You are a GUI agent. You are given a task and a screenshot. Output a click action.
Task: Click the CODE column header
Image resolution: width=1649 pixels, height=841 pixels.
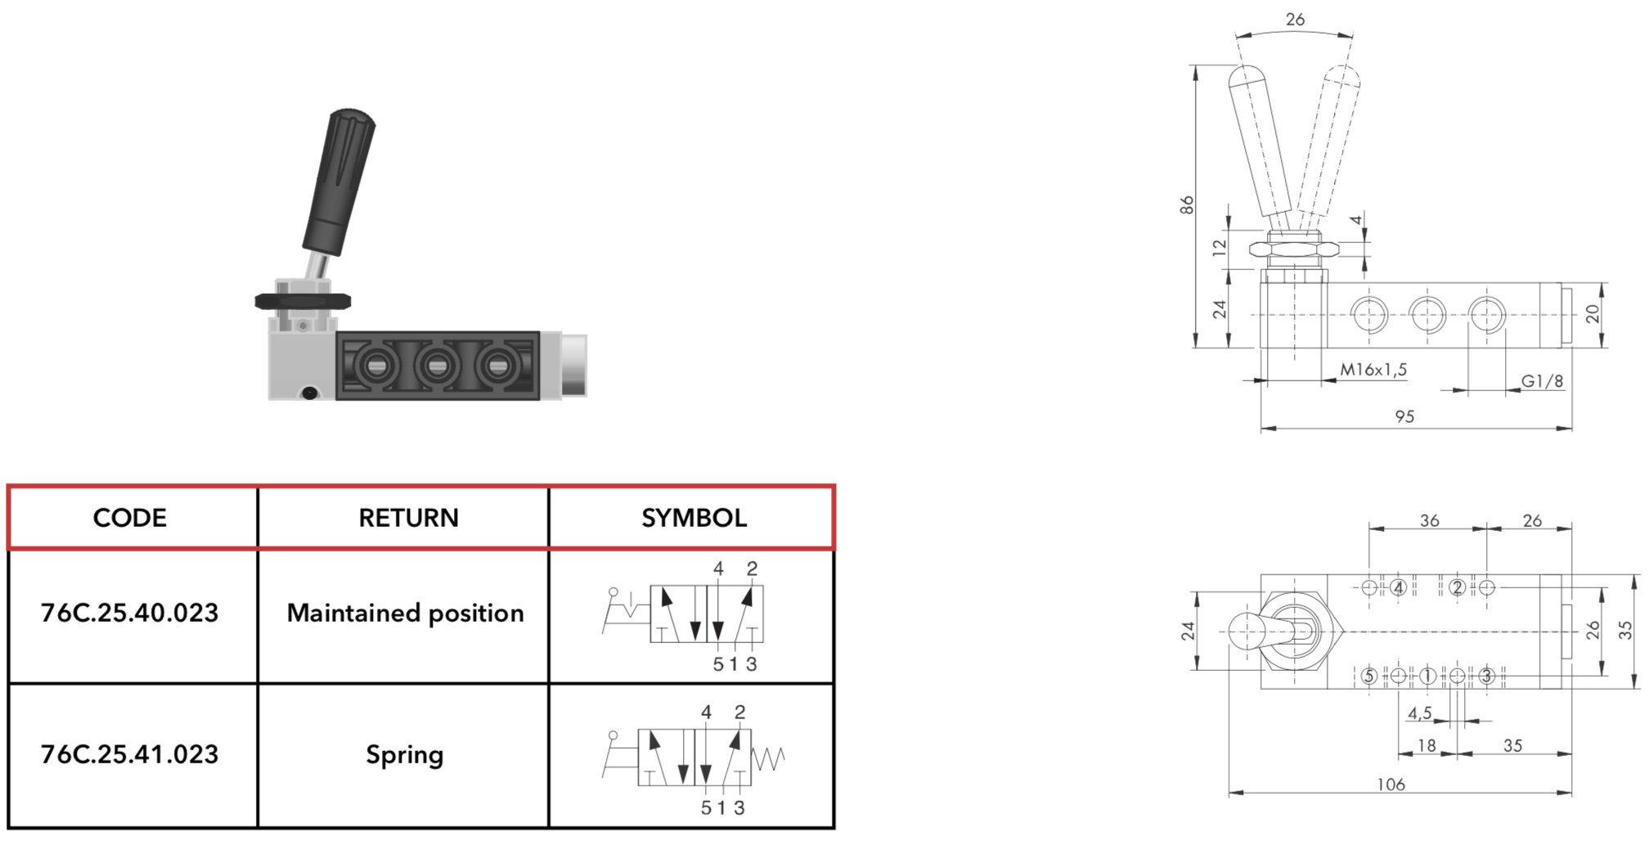tap(130, 518)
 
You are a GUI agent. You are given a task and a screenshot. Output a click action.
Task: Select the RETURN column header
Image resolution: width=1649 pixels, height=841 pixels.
tap(408, 518)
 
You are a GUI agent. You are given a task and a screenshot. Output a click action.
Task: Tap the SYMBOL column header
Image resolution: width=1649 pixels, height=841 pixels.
tap(694, 518)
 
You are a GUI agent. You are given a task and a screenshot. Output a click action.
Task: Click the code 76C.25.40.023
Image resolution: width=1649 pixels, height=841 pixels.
tap(130, 613)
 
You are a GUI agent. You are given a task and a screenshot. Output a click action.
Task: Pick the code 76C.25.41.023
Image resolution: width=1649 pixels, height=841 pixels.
tap(130, 754)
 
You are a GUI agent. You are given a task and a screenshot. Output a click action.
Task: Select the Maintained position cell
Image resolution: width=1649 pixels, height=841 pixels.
tap(405, 614)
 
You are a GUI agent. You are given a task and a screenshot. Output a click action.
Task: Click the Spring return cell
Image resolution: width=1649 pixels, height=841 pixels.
tap(405, 755)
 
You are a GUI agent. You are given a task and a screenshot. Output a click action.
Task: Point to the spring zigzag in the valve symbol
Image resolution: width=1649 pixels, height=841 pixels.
tap(768, 758)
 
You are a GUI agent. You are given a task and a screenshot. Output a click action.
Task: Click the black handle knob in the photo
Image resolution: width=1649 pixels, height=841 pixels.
tap(339, 182)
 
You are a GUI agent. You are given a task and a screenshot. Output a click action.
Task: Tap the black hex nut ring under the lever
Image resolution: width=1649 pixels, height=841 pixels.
tap(303, 301)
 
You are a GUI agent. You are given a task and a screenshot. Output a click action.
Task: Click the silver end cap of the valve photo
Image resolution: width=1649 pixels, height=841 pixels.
tap(573, 365)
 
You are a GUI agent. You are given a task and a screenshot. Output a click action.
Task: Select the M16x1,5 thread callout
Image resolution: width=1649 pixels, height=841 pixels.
tap(1373, 370)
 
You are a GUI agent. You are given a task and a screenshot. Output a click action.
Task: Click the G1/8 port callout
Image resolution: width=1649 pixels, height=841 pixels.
tap(1542, 381)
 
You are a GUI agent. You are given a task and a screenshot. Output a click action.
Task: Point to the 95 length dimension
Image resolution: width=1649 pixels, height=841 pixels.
tap(1404, 416)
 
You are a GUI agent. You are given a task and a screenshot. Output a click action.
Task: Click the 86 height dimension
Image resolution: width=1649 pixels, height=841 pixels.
tap(1187, 205)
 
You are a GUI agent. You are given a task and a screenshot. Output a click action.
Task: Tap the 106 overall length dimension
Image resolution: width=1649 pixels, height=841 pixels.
tap(1391, 785)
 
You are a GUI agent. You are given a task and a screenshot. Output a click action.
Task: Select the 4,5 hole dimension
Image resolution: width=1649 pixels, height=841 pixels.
tap(1420, 713)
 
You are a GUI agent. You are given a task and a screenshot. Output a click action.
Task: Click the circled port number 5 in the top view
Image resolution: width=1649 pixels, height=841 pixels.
tap(1369, 676)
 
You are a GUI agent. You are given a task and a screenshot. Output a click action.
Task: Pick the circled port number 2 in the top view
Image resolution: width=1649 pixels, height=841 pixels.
tap(1457, 587)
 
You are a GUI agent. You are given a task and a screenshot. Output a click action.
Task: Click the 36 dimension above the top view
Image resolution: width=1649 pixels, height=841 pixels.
tap(1429, 520)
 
